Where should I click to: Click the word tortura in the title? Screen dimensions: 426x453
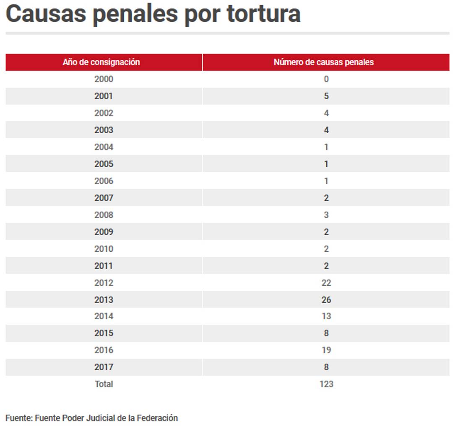click(x=263, y=13)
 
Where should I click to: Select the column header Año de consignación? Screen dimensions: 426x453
click(x=101, y=62)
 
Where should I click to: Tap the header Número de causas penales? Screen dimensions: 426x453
click(x=323, y=62)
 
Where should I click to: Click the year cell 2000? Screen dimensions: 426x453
click(x=104, y=79)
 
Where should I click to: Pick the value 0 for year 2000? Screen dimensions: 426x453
click(x=326, y=79)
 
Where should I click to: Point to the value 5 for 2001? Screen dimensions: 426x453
click(x=326, y=96)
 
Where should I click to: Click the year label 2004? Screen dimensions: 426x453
click(x=104, y=147)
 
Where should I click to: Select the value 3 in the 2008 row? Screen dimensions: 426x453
click(x=326, y=215)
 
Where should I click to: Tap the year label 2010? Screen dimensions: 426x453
click(x=104, y=249)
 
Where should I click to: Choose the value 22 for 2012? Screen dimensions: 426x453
click(x=326, y=283)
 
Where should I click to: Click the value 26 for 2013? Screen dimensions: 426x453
click(x=326, y=300)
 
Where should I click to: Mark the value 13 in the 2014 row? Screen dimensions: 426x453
click(x=326, y=316)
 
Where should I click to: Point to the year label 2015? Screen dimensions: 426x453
click(x=104, y=333)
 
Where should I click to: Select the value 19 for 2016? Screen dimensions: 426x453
click(x=326, y=350)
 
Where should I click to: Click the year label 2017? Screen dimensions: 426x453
click(x=104, y=367)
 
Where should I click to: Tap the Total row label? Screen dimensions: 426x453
click(x=104, y=384)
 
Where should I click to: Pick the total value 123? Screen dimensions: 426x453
click(x=326, y=384)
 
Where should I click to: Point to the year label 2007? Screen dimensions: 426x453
click(x=104, y=198)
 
